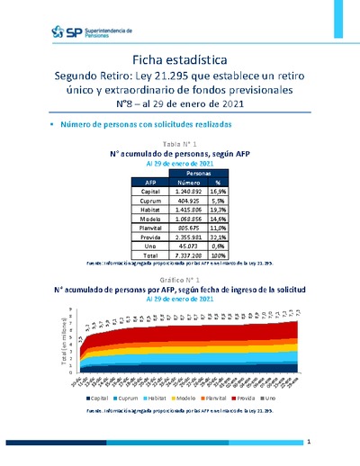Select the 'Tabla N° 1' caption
click(x=179, y=144)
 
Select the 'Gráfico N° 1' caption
click(x=179, y=282)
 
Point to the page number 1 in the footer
click(x=308, y=443)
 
